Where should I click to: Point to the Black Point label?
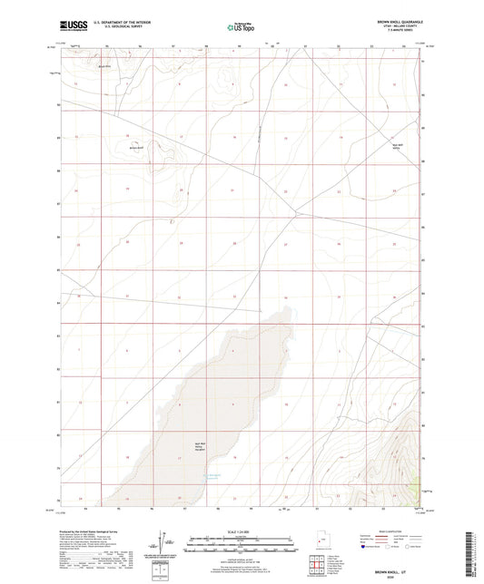point(104,66)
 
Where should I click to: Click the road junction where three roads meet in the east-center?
point(296,214)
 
